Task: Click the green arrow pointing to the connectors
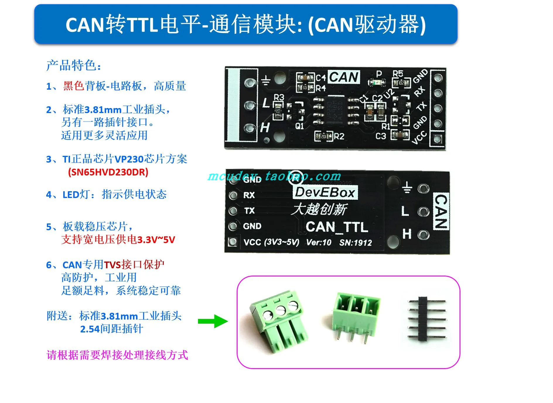(x=213, y=321)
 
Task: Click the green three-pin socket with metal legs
(x=356, y=315)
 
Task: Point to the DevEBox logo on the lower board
(x=325, y=192)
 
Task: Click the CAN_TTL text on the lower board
(x=337, y=227)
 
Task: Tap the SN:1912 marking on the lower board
(x=356, y=243)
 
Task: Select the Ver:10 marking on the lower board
(x=319, y=243)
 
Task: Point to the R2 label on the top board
(x=339, y=136)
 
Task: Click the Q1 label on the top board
(x=299, y=126)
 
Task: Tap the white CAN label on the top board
(x=344, y=77)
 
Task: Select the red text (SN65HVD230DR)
(x=108, y=172)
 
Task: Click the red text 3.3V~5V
(x=156, y=240)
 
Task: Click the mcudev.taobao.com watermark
(x=274, y=176)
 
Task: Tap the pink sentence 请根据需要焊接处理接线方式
(x=117, y=355)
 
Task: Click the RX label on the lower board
(x=249, y=195)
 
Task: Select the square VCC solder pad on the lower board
(x=233, y=242)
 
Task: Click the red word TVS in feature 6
(x=112, y=265)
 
